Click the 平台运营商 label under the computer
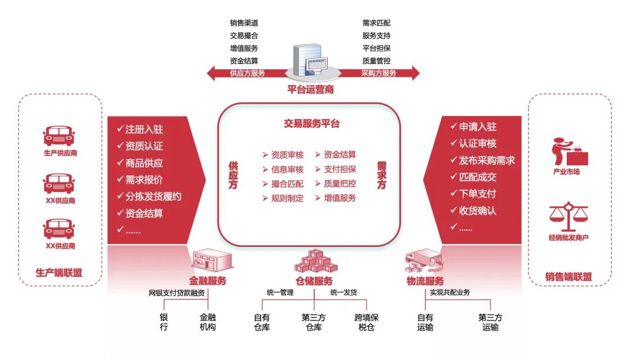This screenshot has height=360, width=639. click(x=310, y=90)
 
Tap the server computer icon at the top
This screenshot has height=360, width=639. click(x=311, y=60)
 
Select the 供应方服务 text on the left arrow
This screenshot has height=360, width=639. click(x=247, y=73)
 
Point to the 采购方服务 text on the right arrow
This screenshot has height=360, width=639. click(x=379, y=73)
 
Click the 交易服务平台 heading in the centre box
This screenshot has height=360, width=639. click(x=312, y=124)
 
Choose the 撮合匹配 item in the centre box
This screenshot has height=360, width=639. click(x=287, y=184)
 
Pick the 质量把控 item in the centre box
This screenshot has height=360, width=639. click(x=340, y=184)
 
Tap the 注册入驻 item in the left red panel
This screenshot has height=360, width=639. click(x=144, y=129)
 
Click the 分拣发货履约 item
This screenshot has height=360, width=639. click(x=153, y=197)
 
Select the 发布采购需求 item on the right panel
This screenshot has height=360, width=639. click(x=486, y=160)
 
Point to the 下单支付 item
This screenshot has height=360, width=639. click(x=477, y=194)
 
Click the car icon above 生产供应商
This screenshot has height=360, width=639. click(x=60, y=136)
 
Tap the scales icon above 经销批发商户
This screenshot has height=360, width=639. click(x=569, y=217)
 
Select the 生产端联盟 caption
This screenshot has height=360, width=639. click(x=59, y=273)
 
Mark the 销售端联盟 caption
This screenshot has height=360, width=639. click(x=569, y=277)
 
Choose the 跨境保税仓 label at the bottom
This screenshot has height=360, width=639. click(x=366, y=322)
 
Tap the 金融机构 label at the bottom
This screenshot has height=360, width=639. click(x=208, y=322)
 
